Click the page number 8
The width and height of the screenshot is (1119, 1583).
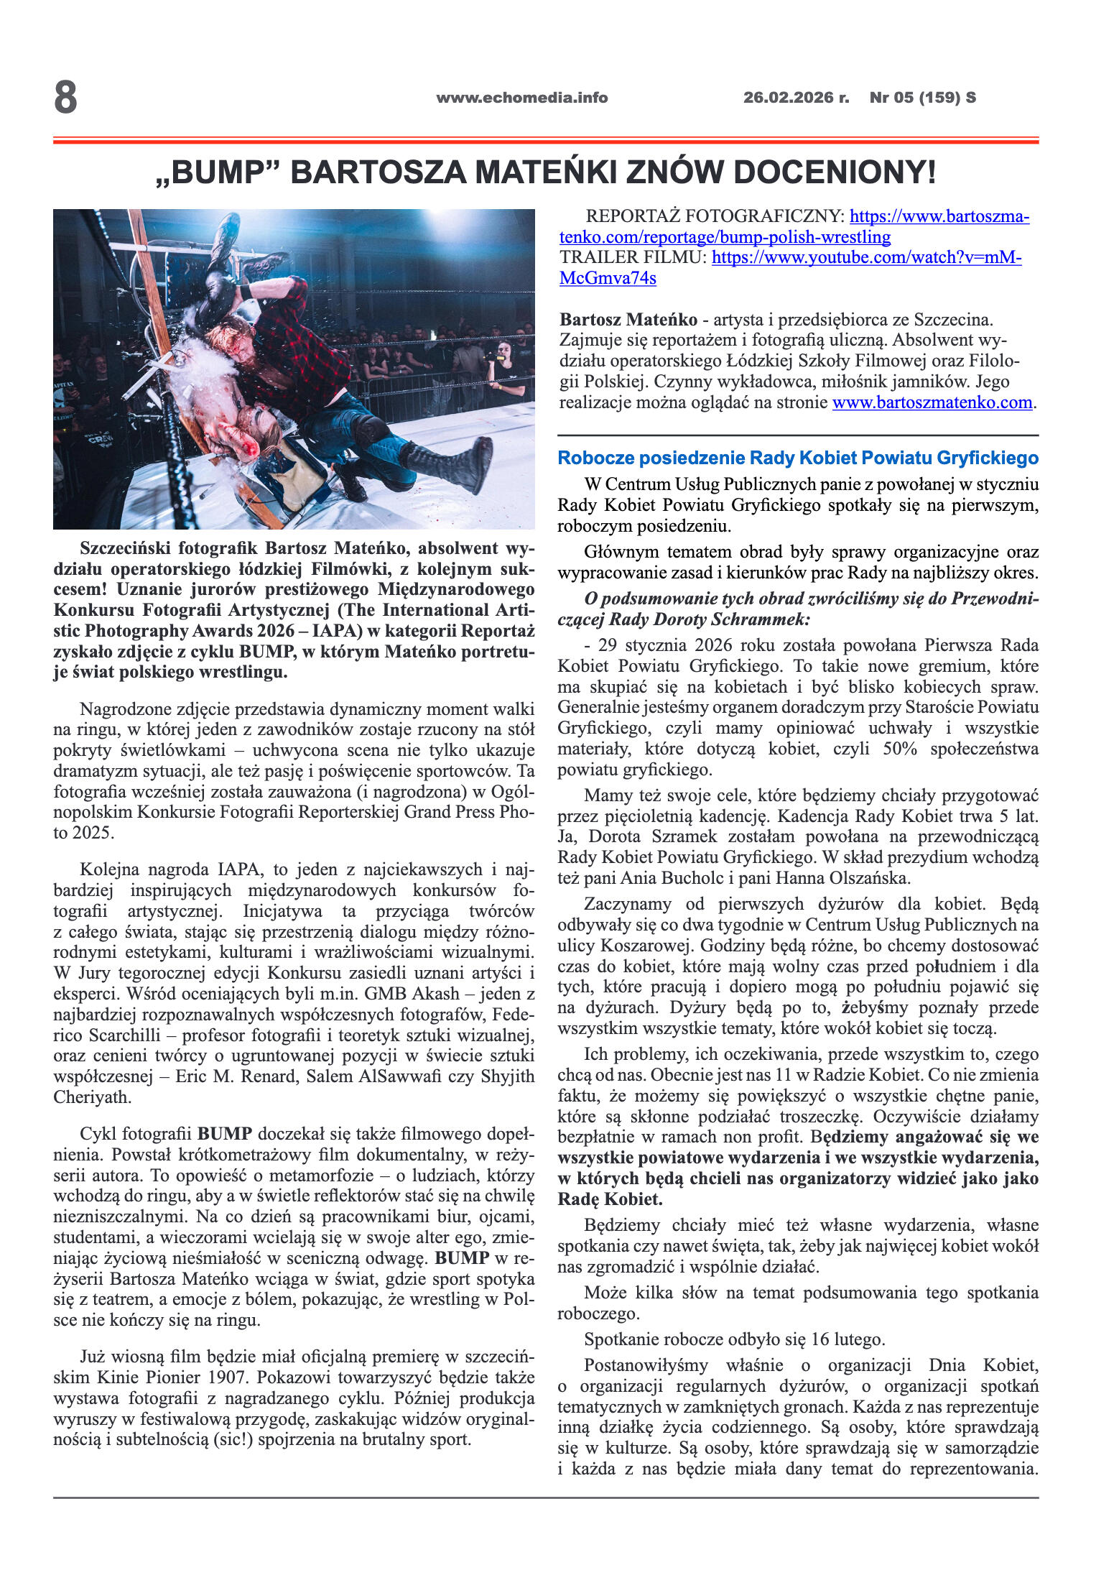click(65, 98)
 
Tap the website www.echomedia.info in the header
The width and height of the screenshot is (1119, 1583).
click(521, 98)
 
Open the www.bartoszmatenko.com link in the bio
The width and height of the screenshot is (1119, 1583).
click(932, 402)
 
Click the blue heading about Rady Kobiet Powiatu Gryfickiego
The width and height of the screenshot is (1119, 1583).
click(797, 458)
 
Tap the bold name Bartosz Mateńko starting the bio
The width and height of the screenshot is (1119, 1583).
click(628, 320)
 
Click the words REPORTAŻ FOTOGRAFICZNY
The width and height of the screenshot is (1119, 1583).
click(715, 216)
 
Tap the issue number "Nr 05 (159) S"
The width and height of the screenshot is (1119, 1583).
click(922, 98)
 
